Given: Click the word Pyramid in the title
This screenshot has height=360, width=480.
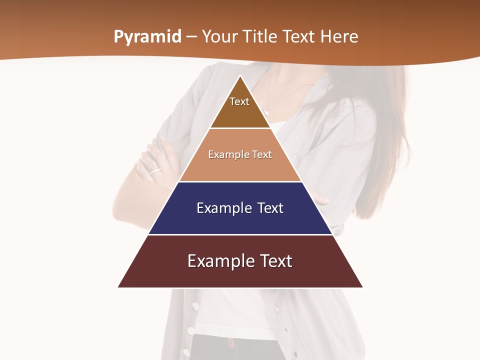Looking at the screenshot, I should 147,37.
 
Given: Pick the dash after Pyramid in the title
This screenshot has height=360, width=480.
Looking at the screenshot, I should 191,37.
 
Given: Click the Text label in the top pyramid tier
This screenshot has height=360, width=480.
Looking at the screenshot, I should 239,101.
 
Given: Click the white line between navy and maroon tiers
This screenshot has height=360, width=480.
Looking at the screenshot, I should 240,234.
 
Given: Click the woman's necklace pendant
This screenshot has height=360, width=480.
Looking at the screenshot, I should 266,110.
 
